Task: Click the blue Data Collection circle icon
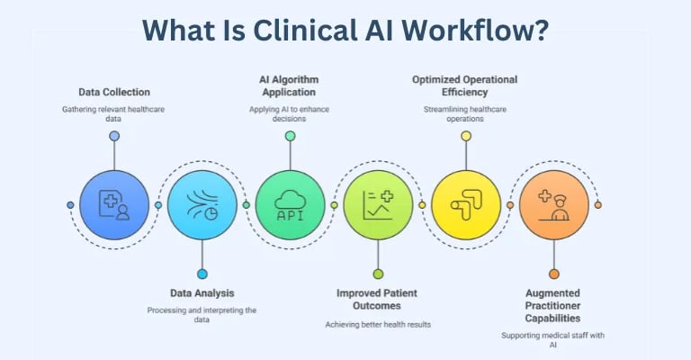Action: click(x=114, y=205)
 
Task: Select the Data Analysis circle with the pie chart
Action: click(x=202, y=205)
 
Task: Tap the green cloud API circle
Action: click(x=290, y=205)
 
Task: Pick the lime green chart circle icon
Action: click(x=378, y=205)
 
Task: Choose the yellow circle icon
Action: click(x=466, y=205)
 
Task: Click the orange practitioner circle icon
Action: click(x=553, y=205)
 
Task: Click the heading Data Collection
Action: click(x=113, y=92)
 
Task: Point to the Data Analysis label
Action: click(x=202, y=292)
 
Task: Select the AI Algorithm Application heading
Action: click(x=290, y=85)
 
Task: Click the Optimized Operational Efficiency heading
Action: click(x=466, y=85)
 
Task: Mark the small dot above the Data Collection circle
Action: click(x=114, y=136)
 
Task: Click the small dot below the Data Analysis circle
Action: click(x=202, y=274)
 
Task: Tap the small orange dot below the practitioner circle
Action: click(x=553, y=274)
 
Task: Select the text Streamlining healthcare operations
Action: click(x=466, y=114)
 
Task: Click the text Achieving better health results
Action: click(x=378, y=323)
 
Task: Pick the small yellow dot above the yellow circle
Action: click(x=466, y=136)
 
